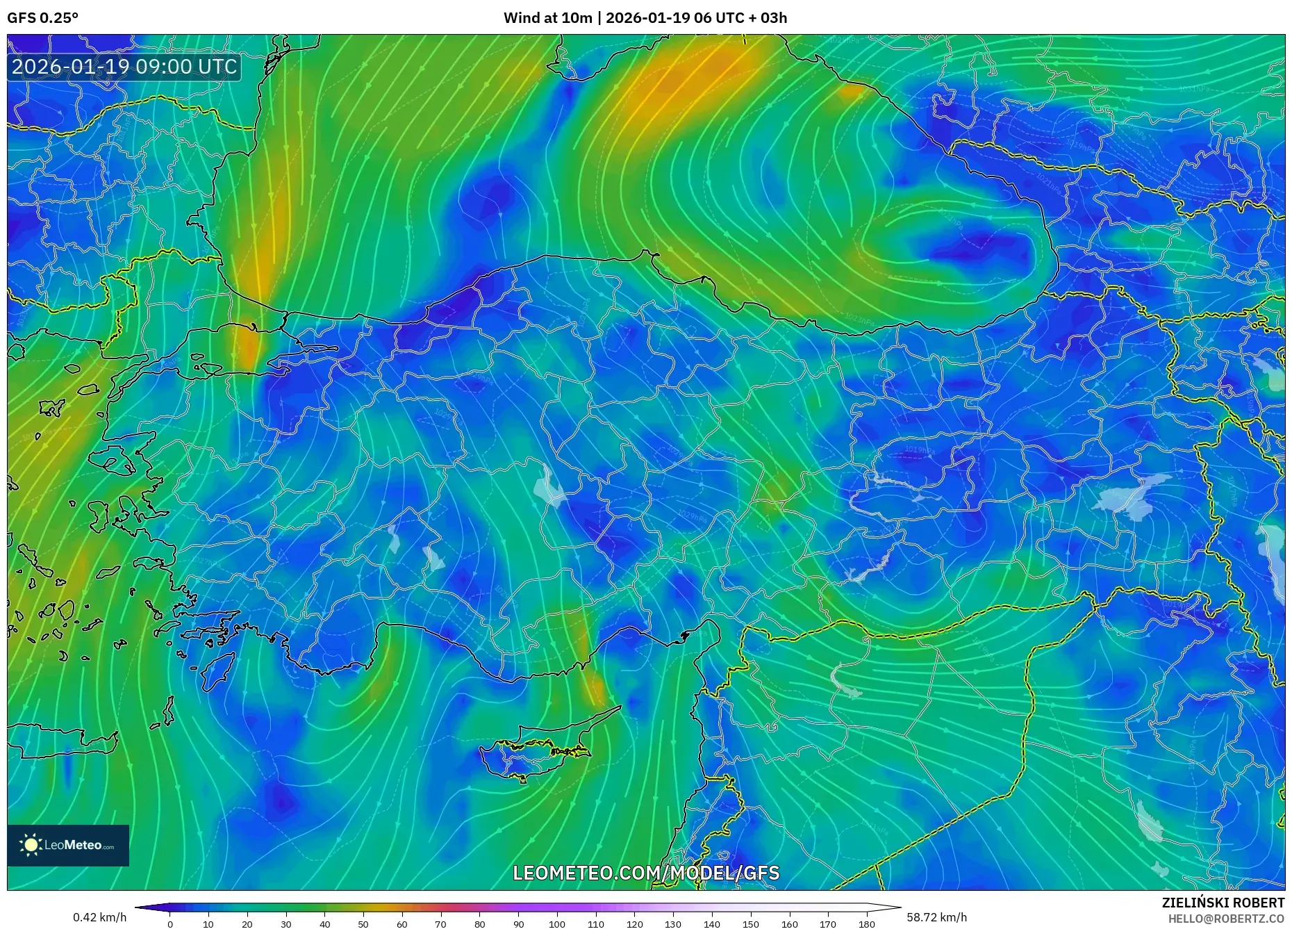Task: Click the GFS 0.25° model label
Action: pos(42,18)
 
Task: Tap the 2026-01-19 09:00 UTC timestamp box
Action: pos(124,67)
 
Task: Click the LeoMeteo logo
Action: pos(68,845)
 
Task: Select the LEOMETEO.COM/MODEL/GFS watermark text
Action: pos(646,873)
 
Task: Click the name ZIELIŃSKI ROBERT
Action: pos(1223,903)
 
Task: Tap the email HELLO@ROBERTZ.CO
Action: pos(1225,919)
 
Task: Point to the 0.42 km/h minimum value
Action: pos(100,917)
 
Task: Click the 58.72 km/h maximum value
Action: pos(936,917)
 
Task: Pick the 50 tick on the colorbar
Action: pos(363,924)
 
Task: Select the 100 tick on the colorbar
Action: pos(557,924)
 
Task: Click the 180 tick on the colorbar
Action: pos(866,924)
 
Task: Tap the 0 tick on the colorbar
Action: pos(170,924)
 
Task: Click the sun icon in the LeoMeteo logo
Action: pos(31,845)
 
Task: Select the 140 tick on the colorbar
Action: pos(712,924)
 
